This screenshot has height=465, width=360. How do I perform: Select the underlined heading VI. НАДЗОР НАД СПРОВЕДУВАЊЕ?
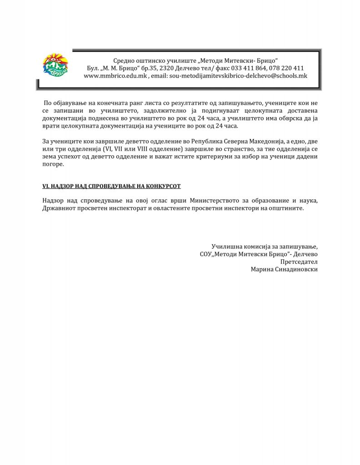pyautogui.click(x=112, y=186)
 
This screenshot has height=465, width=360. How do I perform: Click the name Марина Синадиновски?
pyautogui.click(x=284, y=269)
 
